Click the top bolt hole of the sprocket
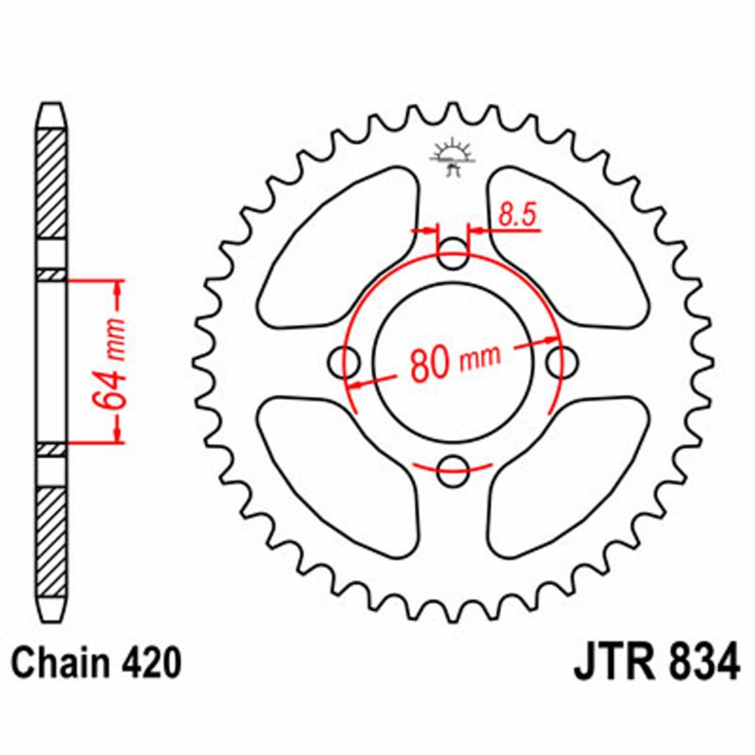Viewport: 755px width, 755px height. [x=452, y=254]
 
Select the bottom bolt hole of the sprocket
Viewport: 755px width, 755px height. [x=453, y=470]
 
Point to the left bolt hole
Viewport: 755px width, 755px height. [x=344, y=361]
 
